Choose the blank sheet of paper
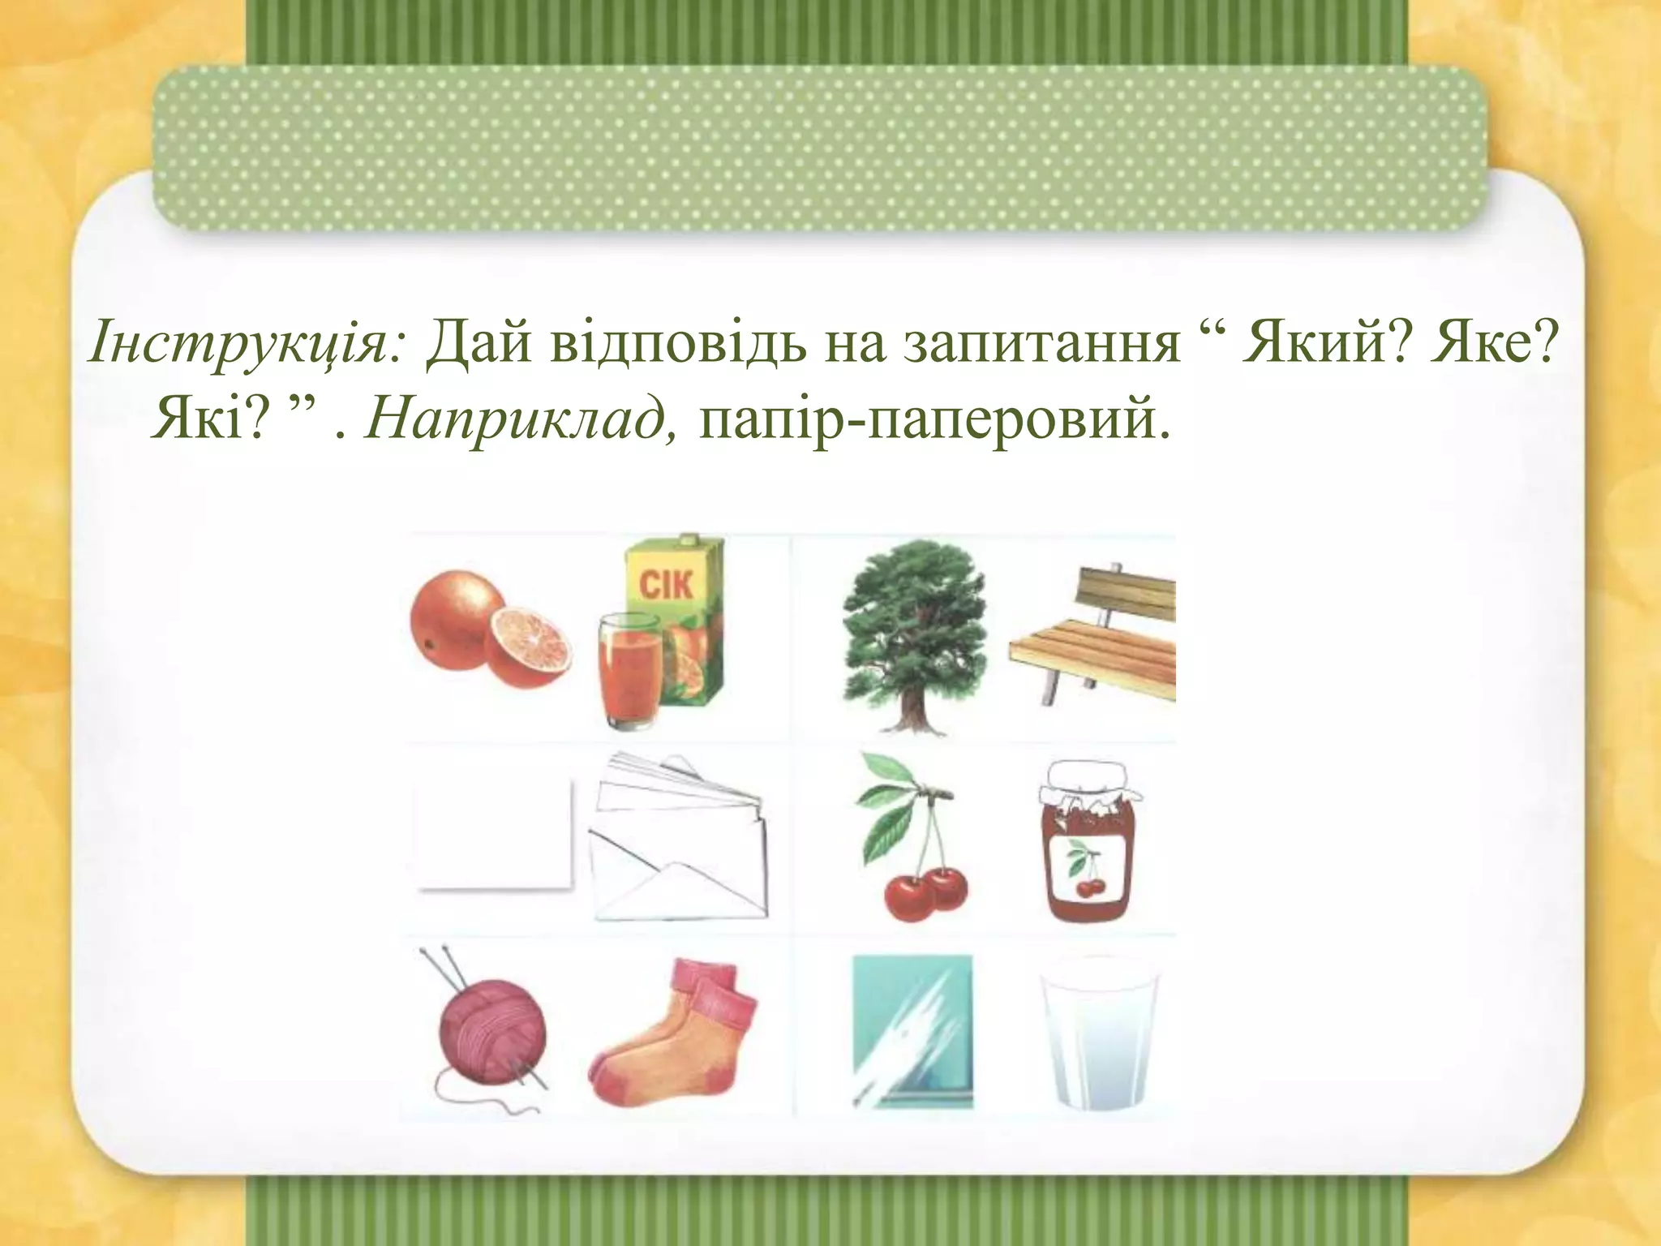pyautogui.click(x=492, y=836)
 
